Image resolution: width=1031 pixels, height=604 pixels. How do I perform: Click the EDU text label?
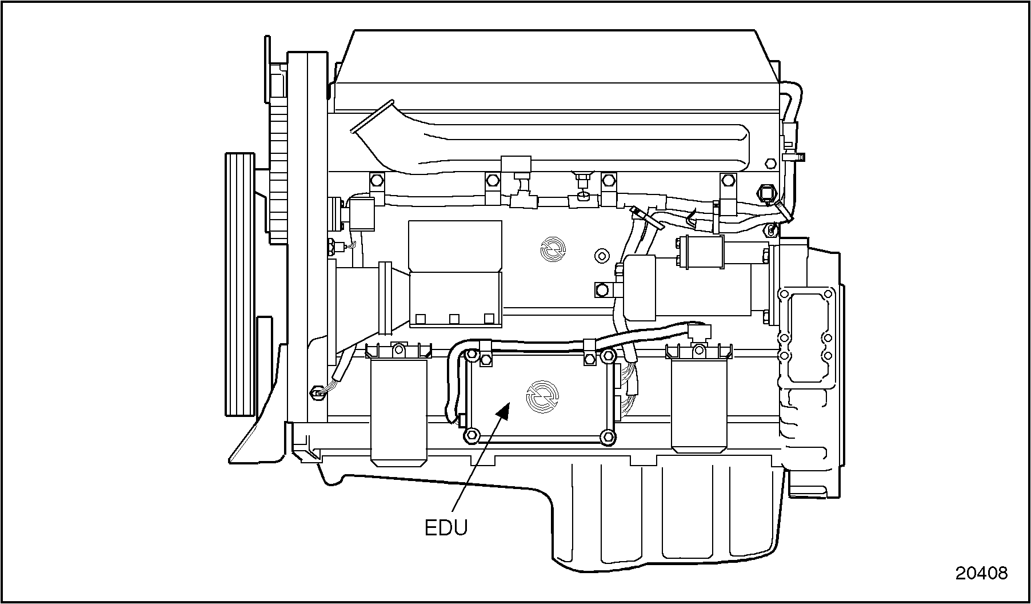coord(446,527)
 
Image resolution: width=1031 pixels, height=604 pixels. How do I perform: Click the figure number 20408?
coord(981,573)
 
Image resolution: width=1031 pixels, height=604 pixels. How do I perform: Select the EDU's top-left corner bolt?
coord(472,356)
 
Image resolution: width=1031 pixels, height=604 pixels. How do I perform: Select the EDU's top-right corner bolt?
coord(608,356)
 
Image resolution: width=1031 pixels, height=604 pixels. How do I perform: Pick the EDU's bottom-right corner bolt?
coord(608,438)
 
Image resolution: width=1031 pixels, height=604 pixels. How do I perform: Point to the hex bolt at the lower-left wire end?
coord(315,393)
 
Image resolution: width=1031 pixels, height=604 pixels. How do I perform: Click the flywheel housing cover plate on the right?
coord(807,337)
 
